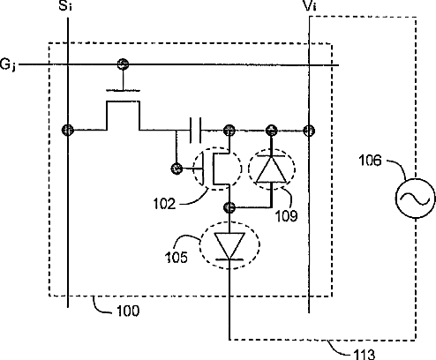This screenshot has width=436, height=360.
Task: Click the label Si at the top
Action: point(65,6)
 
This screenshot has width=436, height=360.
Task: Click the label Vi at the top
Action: point(310,6)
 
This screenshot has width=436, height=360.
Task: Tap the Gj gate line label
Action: point(8,64)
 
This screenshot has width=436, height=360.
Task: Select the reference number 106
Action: point(370,161)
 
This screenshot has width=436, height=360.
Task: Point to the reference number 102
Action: point(164,204)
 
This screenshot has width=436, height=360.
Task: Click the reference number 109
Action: point(286,216)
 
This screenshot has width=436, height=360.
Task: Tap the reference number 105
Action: point(177,258)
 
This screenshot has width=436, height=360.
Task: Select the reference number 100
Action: point(128,311)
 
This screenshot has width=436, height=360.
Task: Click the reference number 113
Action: point(364,355)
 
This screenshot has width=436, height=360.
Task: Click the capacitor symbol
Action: point(196,130)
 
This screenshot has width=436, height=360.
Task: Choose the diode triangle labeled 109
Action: point(271,169)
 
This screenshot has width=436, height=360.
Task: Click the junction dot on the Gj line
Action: point(123,64)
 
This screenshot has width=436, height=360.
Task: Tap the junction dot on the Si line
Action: point(68,130)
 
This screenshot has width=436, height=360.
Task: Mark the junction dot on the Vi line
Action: point(309,131)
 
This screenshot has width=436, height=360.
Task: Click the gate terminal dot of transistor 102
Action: point(177,169)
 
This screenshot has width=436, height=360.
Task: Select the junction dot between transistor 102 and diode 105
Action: point(229,207)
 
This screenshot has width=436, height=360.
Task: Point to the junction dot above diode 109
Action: point(271,130)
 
